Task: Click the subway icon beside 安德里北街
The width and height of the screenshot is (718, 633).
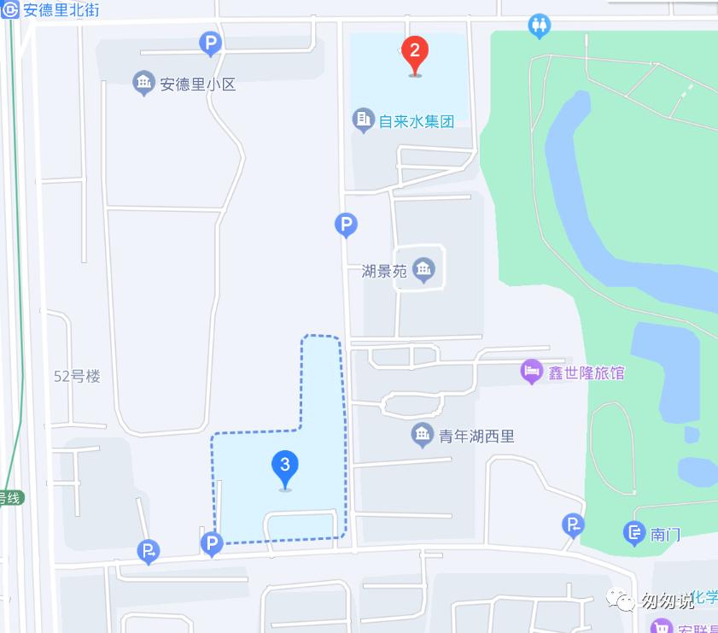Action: [x=10, y=11]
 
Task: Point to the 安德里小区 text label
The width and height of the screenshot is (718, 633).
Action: [x=197, y=85]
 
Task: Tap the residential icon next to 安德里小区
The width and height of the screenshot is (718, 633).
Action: [x=143, y=83]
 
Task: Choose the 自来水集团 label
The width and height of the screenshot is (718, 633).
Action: [x=417, y=120]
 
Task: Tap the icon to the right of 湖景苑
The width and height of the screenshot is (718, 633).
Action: [x=423, y=271]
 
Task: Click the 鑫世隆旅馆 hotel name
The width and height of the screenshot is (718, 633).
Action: [x=586, y=373]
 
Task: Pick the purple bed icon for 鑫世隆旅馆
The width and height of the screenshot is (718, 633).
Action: [x=532, y=372]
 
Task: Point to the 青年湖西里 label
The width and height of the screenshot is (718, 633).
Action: [x=476, y=437]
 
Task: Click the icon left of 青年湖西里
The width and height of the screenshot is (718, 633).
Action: [x=422, y=436]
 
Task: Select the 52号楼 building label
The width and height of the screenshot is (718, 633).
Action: [x=77, y=376]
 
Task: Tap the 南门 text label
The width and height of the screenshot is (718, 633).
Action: [x=665, y=535]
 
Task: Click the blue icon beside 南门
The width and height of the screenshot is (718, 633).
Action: [x=634, y=534]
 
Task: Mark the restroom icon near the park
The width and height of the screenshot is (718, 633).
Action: [x=539, y=25]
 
